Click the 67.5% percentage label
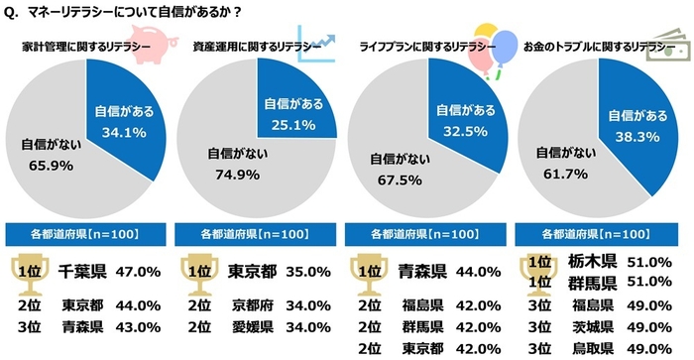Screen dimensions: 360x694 (x=397, y=179)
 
